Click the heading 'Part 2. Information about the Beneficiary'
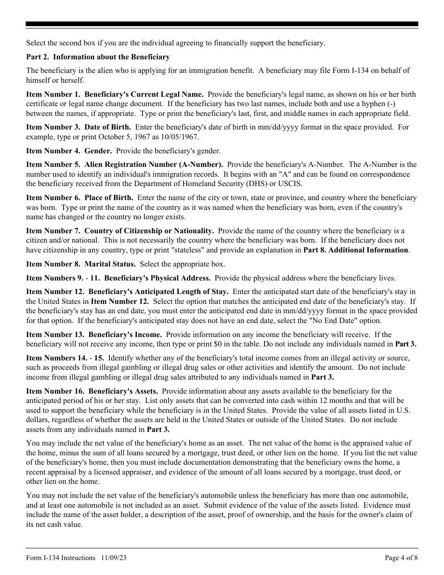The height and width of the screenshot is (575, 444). [98, 57]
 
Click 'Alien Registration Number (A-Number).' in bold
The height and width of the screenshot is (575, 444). [154, 165]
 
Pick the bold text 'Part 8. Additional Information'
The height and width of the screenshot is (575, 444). [356, 250]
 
